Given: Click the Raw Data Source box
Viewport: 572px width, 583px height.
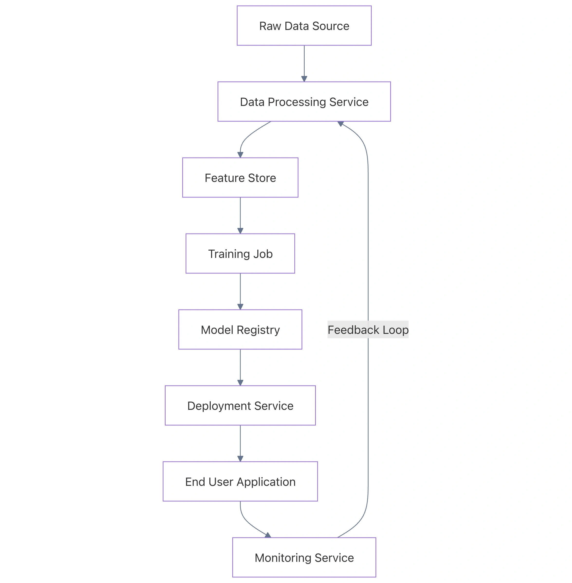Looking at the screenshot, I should click(x=304, y=26).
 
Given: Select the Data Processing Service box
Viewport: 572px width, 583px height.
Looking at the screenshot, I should click(x=304, y=102).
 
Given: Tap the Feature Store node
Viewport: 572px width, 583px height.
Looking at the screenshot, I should click(x=240, y=178).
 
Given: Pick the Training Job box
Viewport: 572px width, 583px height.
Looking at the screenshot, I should click(x=240, y=254).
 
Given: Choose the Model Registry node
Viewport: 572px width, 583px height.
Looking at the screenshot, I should click(x=240, y=330).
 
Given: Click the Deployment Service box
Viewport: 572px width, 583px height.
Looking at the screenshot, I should click(x=240, y=406).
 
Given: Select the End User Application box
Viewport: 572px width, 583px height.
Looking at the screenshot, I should click(x=240, y=482).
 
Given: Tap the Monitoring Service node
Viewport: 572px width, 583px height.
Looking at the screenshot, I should click(x=304, y=558).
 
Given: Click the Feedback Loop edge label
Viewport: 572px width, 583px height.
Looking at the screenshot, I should click(x=368, y=330).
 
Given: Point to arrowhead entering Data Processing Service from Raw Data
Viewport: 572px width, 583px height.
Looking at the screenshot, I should click(x=304, y=79).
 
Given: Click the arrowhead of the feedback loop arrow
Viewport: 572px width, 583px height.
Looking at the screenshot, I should click(x=341, y=123).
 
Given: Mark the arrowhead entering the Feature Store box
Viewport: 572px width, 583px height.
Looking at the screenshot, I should click(x=240, y=155).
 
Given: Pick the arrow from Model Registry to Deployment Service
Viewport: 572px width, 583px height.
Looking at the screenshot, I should click(x=240, y=367).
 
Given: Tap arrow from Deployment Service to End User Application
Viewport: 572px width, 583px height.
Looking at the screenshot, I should click(x=240, y=443).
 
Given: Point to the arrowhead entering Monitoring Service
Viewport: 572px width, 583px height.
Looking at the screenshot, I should click(x=268, y=535).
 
